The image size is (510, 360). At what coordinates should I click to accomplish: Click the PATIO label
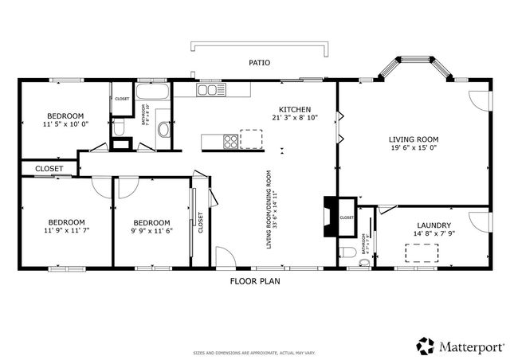259,62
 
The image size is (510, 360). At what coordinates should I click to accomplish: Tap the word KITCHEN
294,110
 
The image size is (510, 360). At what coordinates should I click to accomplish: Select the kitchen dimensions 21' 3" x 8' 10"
294,118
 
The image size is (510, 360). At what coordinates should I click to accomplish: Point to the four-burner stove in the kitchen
229,142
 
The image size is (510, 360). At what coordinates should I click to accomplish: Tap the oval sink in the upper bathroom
163,130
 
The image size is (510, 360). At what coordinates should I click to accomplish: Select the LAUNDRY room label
434,225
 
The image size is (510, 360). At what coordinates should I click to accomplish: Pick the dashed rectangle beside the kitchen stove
250,139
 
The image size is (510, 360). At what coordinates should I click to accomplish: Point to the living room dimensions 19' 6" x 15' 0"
414,147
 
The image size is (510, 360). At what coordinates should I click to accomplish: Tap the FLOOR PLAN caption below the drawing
254,281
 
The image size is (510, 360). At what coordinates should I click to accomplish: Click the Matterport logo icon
425,346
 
